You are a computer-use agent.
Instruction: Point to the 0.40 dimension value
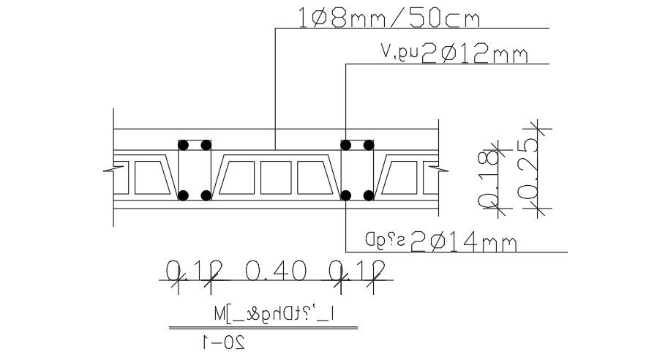pos(274,272)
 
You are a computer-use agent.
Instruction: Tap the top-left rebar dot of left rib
pos(184,144)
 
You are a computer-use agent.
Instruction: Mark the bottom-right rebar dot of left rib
pos(206,195)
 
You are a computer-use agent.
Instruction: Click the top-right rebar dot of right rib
pos(369,144)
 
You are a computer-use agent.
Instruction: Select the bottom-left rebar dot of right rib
pos(347,195)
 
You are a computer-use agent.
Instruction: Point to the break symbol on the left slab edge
pos(109,170)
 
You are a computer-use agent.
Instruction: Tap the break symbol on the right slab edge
pos(439,170)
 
